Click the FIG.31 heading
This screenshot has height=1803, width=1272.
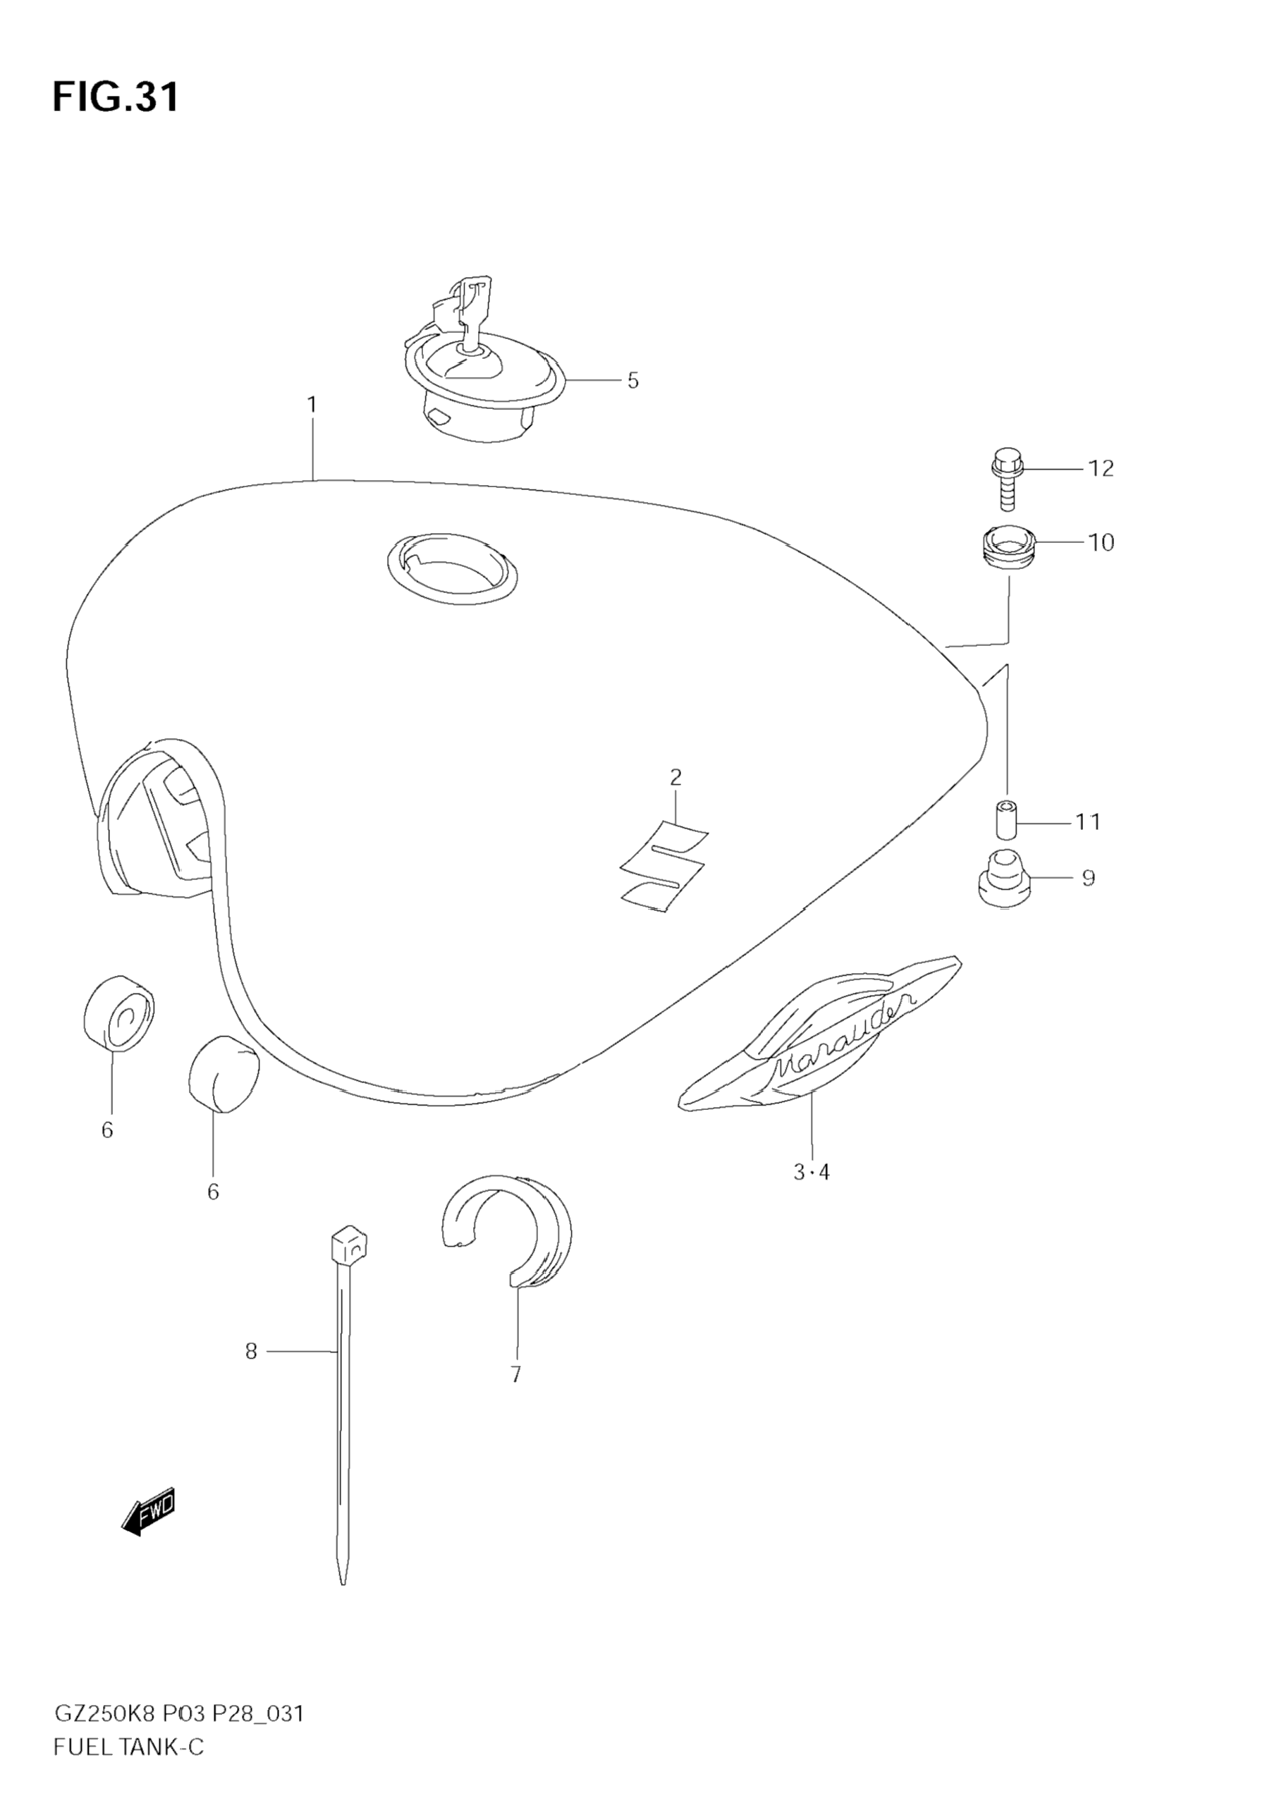(x=116, y=97)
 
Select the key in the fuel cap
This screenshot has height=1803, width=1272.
(x=471, y=310)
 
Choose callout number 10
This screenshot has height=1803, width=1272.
(x=1101, y=543)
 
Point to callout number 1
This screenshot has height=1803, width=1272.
(x=312, y=405)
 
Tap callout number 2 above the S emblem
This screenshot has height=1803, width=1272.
(x=675, y=778)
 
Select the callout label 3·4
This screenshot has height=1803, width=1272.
(x=811, y=1194)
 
